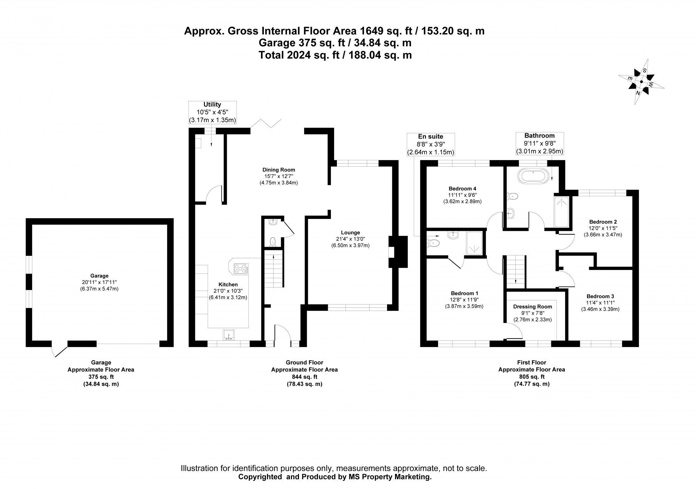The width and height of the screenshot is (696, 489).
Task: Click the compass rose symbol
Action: pos(641,82)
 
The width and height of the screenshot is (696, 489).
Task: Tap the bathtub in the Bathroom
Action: pos(533,176)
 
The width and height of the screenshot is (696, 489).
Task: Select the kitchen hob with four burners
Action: pos(241,268)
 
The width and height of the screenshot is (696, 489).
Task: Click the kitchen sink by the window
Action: pos(229,334)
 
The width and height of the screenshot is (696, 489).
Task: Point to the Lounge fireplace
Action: pos(398,252)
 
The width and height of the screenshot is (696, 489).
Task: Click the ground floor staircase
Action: pos(274,268)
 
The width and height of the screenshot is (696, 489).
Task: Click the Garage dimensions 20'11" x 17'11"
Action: pos(100,282)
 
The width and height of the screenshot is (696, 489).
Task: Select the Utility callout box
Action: pos(212,112)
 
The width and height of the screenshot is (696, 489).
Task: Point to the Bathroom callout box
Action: pos(539,143)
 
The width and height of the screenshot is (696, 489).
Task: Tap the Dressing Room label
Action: pos(532,307)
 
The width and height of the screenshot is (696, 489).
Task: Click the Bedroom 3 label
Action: pos(600,297)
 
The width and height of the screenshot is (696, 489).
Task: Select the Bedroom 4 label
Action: pos(462,189)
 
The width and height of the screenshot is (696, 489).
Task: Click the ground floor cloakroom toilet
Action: pos(273,242)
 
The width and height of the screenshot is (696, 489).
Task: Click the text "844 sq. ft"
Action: pos(304,377)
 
